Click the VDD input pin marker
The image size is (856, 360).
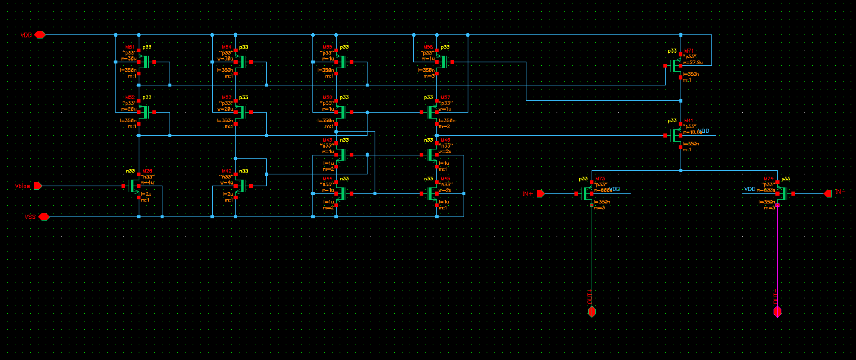tap(40, 35)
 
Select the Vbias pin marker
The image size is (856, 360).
tap(37, 186)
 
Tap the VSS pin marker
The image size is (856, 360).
tap(44, 217)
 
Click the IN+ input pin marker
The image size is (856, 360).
tap(541, 193)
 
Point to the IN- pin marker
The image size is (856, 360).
tap(828, 193)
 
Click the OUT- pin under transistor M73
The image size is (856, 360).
tap(591, 312)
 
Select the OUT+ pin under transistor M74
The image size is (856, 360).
tap(777, 312)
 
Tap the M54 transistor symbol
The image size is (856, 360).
tap(240, 62)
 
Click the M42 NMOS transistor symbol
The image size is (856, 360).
tap(240, 186)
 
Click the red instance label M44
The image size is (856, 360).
tap(327, 179)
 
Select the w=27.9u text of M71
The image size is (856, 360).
tap(693, 62)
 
